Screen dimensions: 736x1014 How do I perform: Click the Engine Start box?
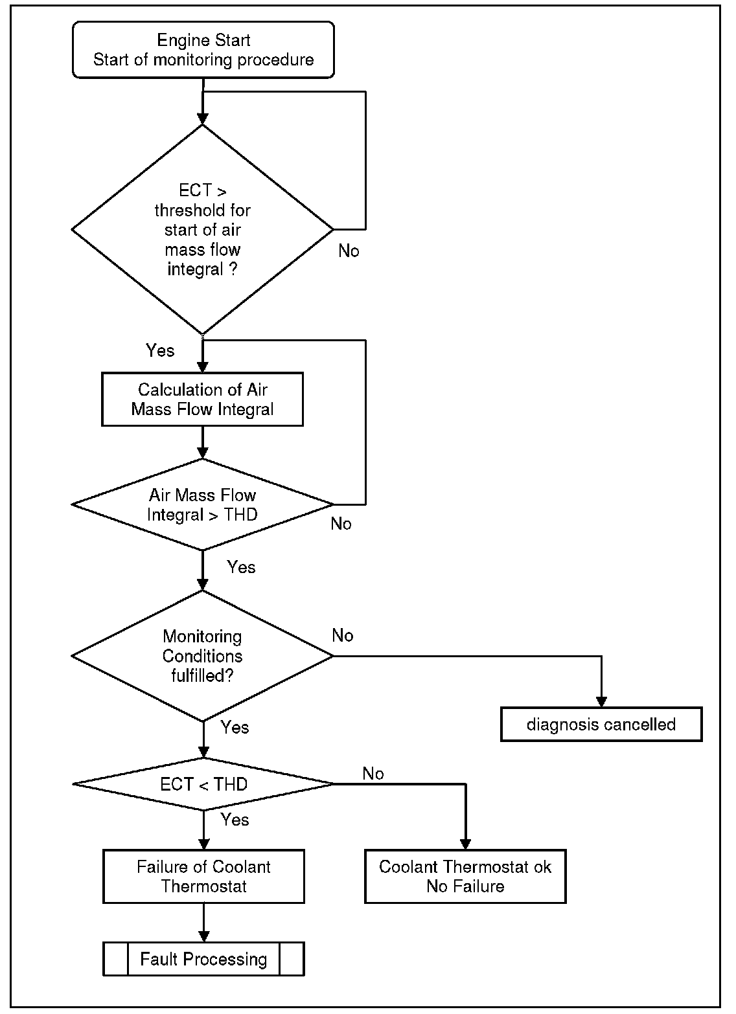click(x=203, y=50)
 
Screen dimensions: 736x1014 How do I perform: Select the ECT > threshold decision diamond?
click(x=202, y=229)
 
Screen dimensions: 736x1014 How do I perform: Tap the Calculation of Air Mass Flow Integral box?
click(x=202, y=400)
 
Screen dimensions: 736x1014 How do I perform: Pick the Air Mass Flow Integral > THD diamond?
click(x=202, y=504)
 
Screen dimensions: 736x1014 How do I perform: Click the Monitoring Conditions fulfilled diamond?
click(x=202, y=656)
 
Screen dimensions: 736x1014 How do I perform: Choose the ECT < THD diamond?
click(x=203, y=784)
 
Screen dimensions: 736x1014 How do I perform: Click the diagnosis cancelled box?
click(x=601, y=725)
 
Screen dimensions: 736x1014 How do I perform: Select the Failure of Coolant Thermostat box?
click(x=203, y=876)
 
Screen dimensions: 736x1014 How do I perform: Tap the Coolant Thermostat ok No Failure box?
click(x=465, y=876)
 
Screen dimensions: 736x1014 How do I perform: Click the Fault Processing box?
click(x=203, y=959)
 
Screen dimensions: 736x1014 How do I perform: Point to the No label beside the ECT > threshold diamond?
click(x=349, y=251)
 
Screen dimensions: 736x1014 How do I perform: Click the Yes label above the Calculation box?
click(x=160, y=350)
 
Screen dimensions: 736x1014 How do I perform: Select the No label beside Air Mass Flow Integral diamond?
click(x=341, y=524)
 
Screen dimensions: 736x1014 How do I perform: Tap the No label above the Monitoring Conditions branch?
click(x=343, y=636)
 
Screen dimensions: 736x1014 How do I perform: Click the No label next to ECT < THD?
click(x=373, y=774)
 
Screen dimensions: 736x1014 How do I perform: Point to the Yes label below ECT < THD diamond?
click(x=235, y=820)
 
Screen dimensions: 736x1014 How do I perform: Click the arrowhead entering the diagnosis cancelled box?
click(x=601, y=702)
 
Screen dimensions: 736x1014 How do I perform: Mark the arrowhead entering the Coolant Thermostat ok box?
click(x=465, y=844)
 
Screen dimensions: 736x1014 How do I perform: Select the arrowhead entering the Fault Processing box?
click(x=204, y=936)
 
